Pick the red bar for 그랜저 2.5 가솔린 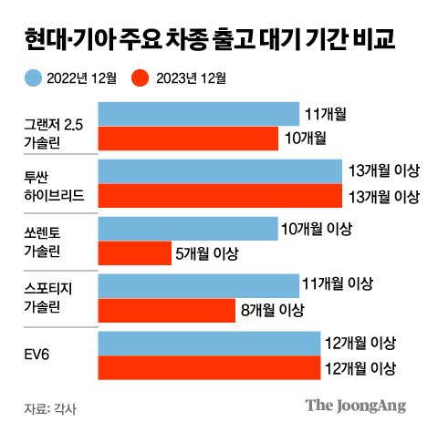[187, 138]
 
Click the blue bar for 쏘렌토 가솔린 [187, 229]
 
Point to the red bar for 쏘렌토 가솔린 [133, 252]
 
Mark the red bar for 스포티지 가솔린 [165, 310]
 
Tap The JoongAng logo [355, 406]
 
